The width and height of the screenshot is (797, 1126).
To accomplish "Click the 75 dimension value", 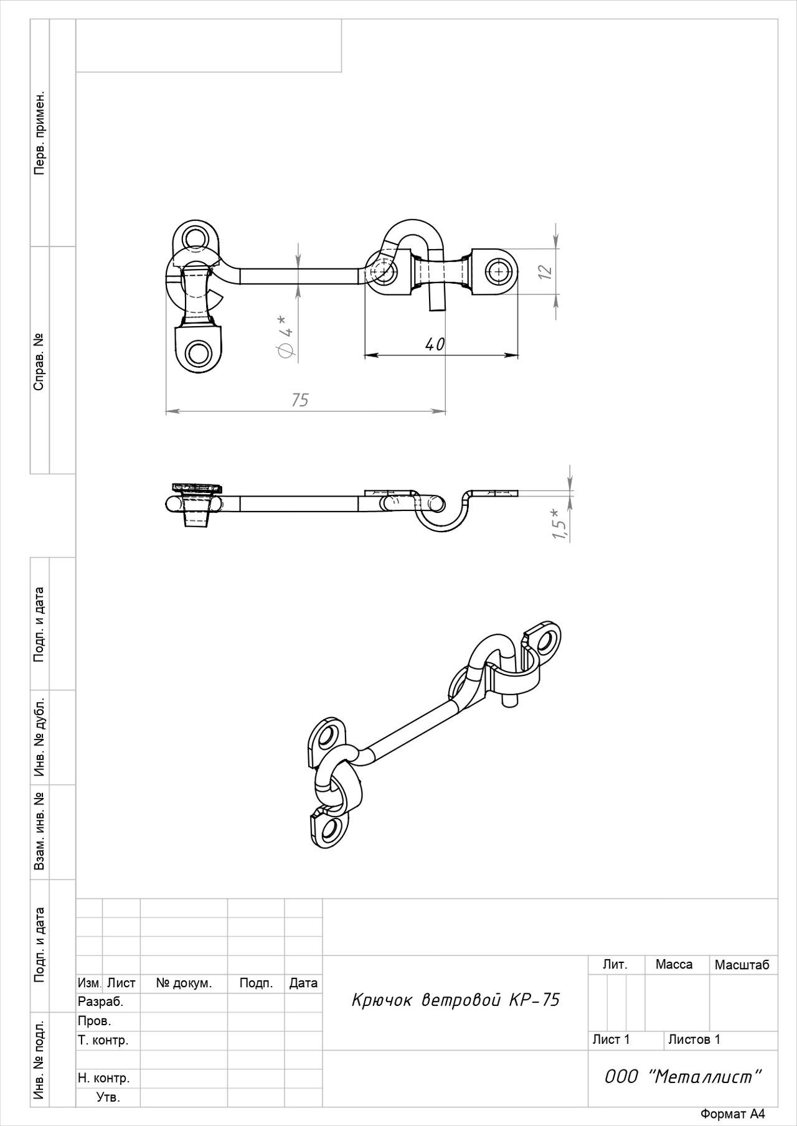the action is [x=300, y=400].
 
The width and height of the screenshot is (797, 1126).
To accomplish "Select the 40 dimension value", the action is [x=435, y=344].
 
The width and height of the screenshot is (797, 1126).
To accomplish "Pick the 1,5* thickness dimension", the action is [x=560, y=523].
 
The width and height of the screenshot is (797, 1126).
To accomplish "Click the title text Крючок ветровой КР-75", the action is [x=456, y=1000].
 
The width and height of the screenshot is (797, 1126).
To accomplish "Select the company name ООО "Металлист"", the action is [x=683, y=1077].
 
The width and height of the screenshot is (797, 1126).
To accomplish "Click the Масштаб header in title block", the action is [x=742, y=965].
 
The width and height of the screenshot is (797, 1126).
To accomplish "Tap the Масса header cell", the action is [x=674, y=964].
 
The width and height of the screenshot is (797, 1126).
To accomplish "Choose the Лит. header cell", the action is [x=615, y=964].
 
